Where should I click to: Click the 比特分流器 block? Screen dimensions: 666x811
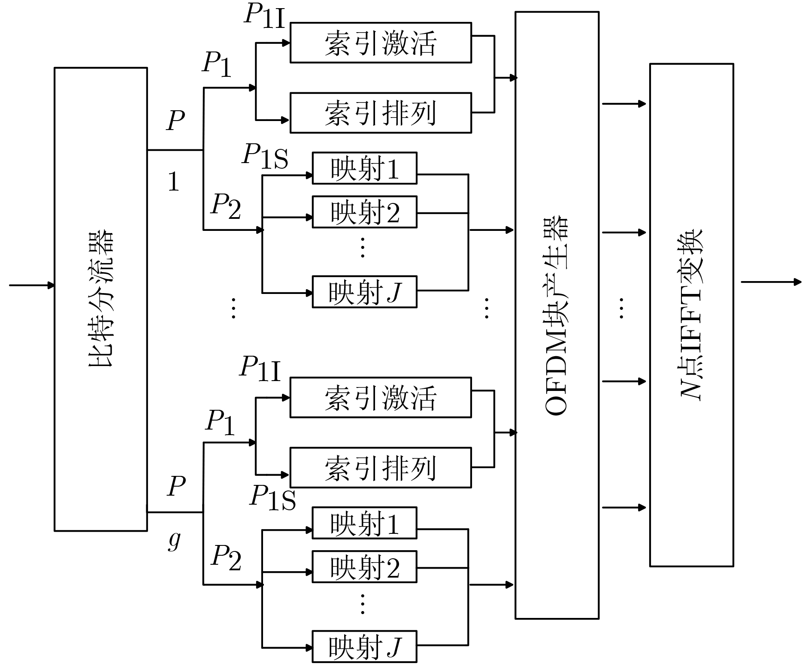[101, 299]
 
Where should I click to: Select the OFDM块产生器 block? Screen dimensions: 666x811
[557, 315]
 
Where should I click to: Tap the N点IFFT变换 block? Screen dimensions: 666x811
[691, 315]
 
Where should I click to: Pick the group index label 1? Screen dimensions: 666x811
[173, 182]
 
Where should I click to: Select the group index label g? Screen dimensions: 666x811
[174, 541]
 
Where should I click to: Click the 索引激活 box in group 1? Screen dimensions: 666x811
[381, 43]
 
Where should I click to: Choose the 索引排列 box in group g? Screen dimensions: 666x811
[381, 467]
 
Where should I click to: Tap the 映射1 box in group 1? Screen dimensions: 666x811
[364, 168]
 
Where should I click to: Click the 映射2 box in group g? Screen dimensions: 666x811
[364, 567]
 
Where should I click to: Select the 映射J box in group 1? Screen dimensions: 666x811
[364, 292]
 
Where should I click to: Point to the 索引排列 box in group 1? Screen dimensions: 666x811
[381, 113]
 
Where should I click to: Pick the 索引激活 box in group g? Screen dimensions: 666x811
[381, 397]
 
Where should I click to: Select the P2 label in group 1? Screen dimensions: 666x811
[226, 206]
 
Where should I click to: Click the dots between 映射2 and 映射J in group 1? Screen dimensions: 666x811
[363, 247]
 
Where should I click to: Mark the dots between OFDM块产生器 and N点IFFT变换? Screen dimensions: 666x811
[621, 308]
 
